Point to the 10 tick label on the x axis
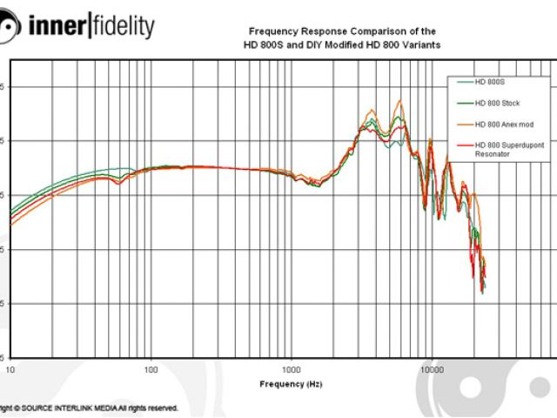[10, 369]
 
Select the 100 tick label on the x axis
[151, 369]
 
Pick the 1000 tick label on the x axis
[291, 369]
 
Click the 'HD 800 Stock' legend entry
[497, 103]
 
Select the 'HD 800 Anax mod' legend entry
[502, 125]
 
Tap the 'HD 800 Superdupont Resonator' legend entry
[509, 145]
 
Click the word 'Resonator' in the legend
[493, 153]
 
